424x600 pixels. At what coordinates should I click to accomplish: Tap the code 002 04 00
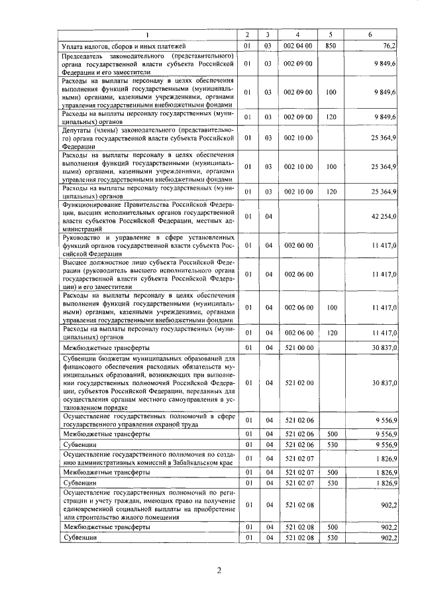[x=297, y=46]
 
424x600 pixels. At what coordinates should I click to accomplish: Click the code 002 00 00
[x=297, y=246]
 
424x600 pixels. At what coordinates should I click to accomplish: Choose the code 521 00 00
[x=297, y=347]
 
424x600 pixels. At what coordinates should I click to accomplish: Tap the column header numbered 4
[x=297, y=34]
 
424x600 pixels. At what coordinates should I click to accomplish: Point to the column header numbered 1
[x=147, y=34]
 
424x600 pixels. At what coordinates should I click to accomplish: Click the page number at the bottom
[x=216, y=571]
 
